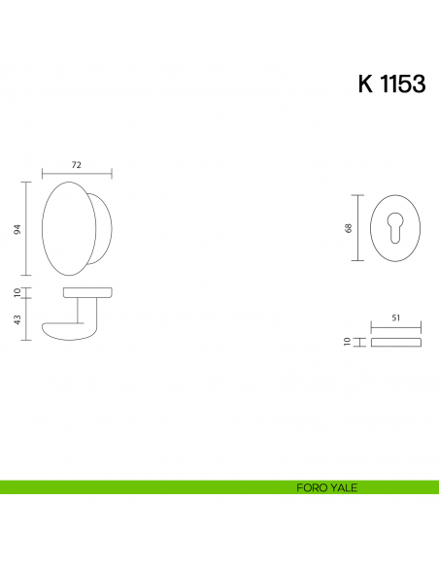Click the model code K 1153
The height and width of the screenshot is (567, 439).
pyautogui.click(x=391, y=83)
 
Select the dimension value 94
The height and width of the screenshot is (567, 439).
pyautogui.click(x=17, y=229)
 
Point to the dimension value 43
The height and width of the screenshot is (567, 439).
pyautogui.click(x=17, y=319)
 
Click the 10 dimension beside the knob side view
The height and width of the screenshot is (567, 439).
pyautogui.click(x=17, y=292)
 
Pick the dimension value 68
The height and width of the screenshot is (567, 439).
pyautogui.click(x=348, y=228)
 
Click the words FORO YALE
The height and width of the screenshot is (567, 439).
pyautogui.click(x=326, y=487)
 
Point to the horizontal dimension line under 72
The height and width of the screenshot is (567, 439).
pyautogui.click(x=77, y=175)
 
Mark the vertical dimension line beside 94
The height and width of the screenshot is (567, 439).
pyautogui.click(x=27, y=229)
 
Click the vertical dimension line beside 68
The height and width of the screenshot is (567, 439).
pyautogui.click(x=357, y=228)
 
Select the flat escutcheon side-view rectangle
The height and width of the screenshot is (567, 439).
pyautogui.click(x=396, y=343)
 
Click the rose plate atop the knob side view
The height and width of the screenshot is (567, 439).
pyautogui.click(x=87, y=291)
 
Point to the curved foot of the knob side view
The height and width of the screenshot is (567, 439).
pyautogui.click(x=60, y=331)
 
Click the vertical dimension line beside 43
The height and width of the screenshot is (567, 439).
pyautogui.click(x=27, y=318)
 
